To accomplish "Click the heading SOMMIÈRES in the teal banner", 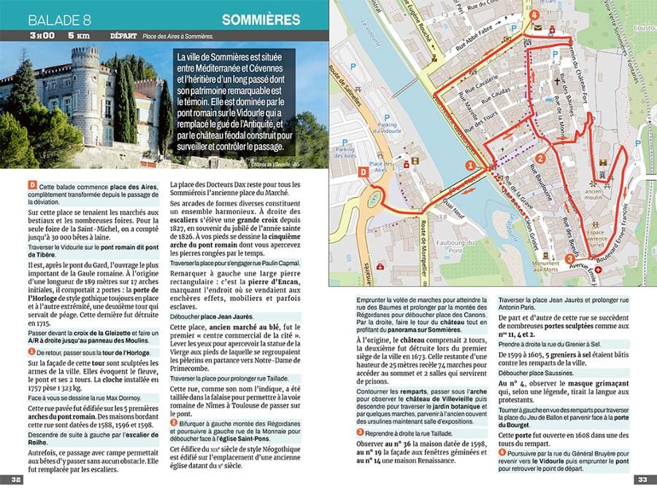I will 260,18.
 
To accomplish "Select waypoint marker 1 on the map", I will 471,166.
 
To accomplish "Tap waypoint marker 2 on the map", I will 541,157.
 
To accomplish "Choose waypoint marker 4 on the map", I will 536,14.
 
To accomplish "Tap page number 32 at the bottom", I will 15,480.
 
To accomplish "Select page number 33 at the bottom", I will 641,480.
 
